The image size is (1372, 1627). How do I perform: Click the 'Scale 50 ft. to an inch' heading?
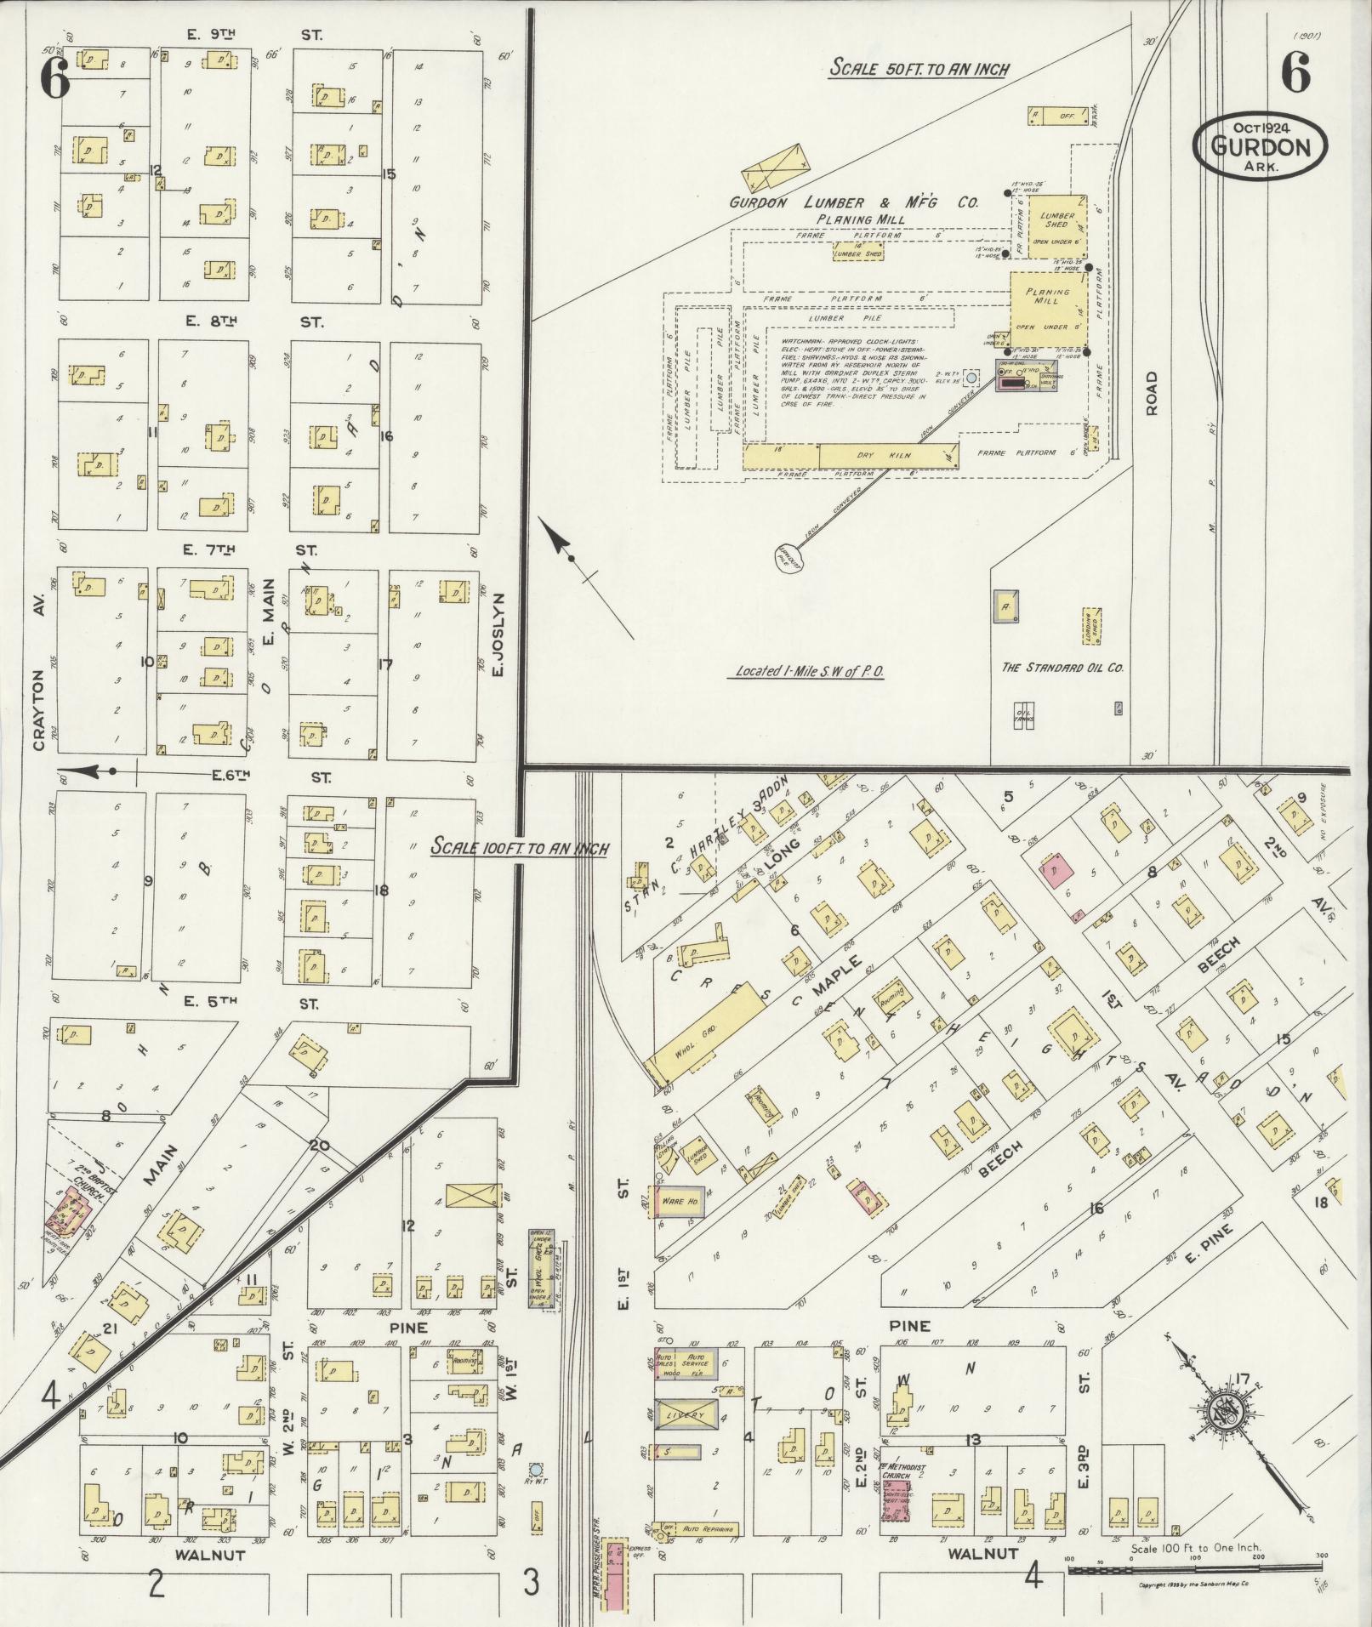click(x=919, y=68)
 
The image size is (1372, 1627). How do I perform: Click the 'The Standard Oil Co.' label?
click(x=1062, y=668)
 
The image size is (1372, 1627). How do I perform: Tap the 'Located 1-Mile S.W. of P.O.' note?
click(x=806, y=671)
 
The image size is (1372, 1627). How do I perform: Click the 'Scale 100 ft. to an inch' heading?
click(x=519, y=848)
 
